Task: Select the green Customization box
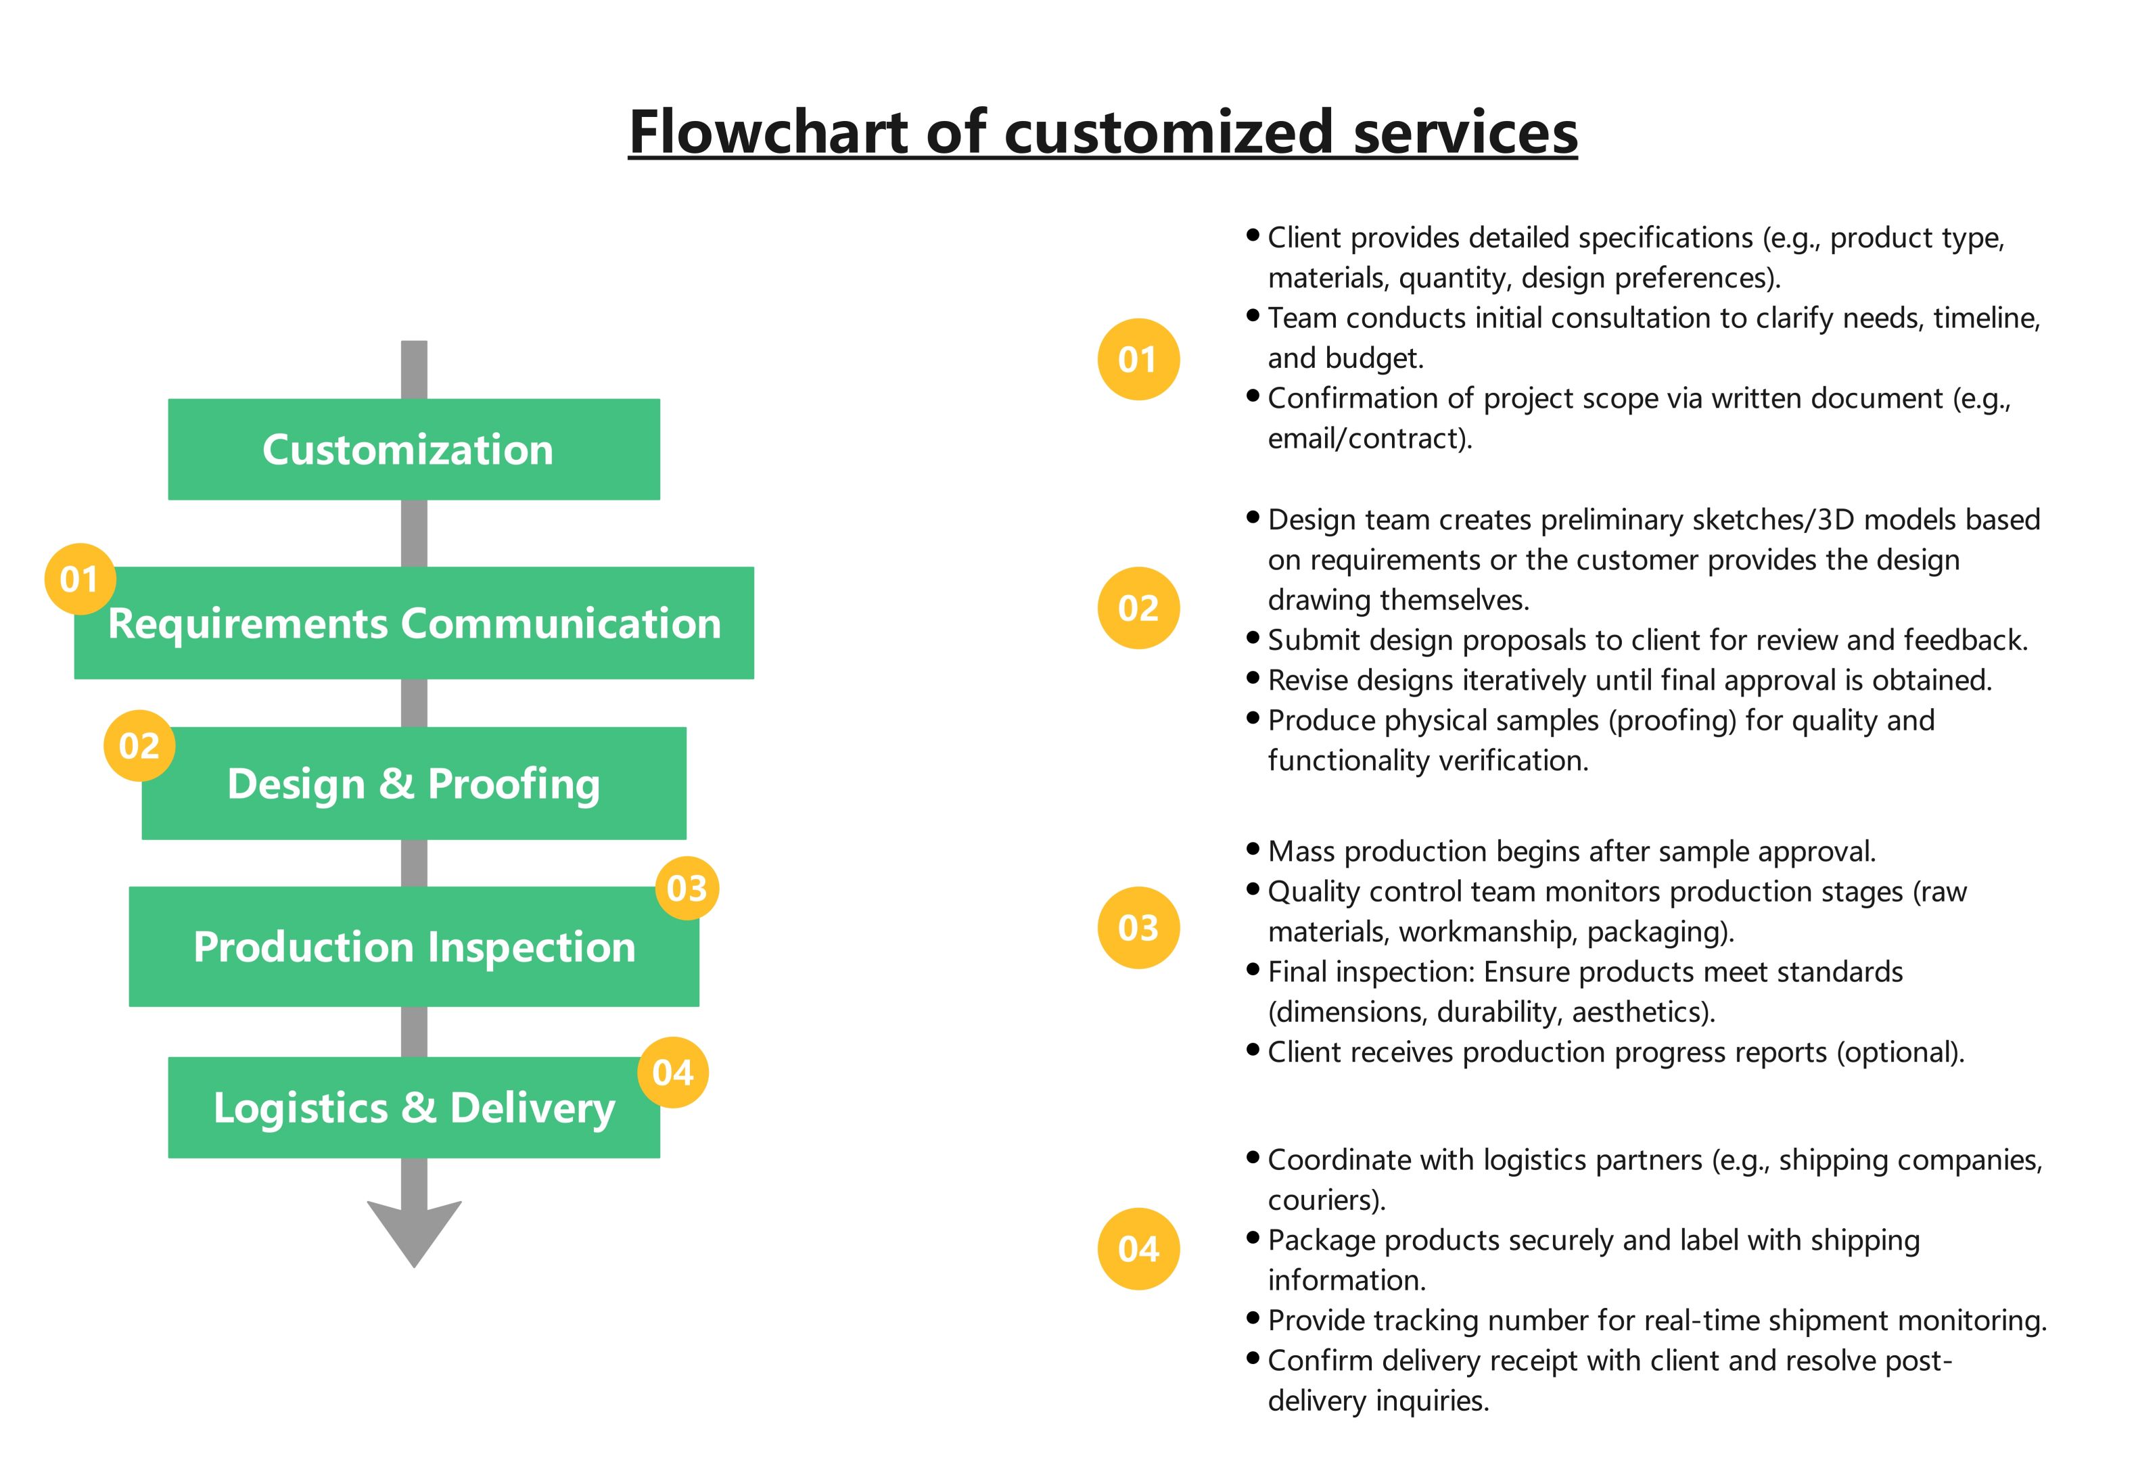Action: pyautogui.click(x=413, y=450)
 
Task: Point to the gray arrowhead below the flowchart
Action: pyautogui.click(x=414, y=1232)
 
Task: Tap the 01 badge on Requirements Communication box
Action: pyautogui.click(x=80, y=579)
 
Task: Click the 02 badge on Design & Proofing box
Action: pyautogui.click(x=139, y=746)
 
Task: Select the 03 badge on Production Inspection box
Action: pyautogui.click(x=687, y=888)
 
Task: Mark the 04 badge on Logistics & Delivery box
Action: pyautogui.click(x=673, y=1072)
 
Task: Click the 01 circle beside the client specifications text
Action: pyautogui.click(x=1138, y=360)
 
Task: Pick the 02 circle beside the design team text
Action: pyautogui.click(x=1138, y=608)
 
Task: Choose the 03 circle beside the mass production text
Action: pyautogui.click(x=1138, y=928)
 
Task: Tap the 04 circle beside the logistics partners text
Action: pyautogui.click(x=1138, y=1249)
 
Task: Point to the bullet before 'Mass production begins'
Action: pyautogui.click(x=1253, y=848)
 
